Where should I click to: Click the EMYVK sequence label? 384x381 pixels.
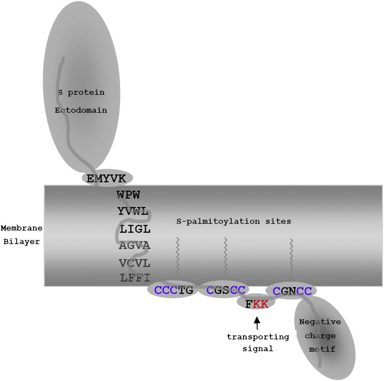106,178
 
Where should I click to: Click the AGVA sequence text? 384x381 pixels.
135,246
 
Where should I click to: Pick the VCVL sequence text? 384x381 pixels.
135,263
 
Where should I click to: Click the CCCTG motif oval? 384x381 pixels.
174,290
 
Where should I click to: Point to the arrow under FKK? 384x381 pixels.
257,322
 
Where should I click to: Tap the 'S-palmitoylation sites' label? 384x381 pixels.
233,221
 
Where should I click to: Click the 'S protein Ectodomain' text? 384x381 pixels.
80,101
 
